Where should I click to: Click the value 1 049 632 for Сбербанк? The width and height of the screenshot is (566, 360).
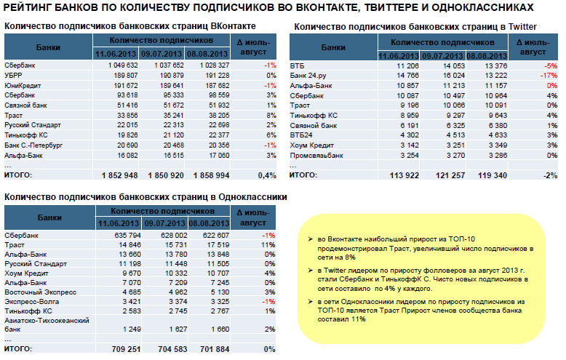(x=121, y=65)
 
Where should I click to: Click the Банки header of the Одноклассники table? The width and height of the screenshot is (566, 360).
(x=49, y=217)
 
